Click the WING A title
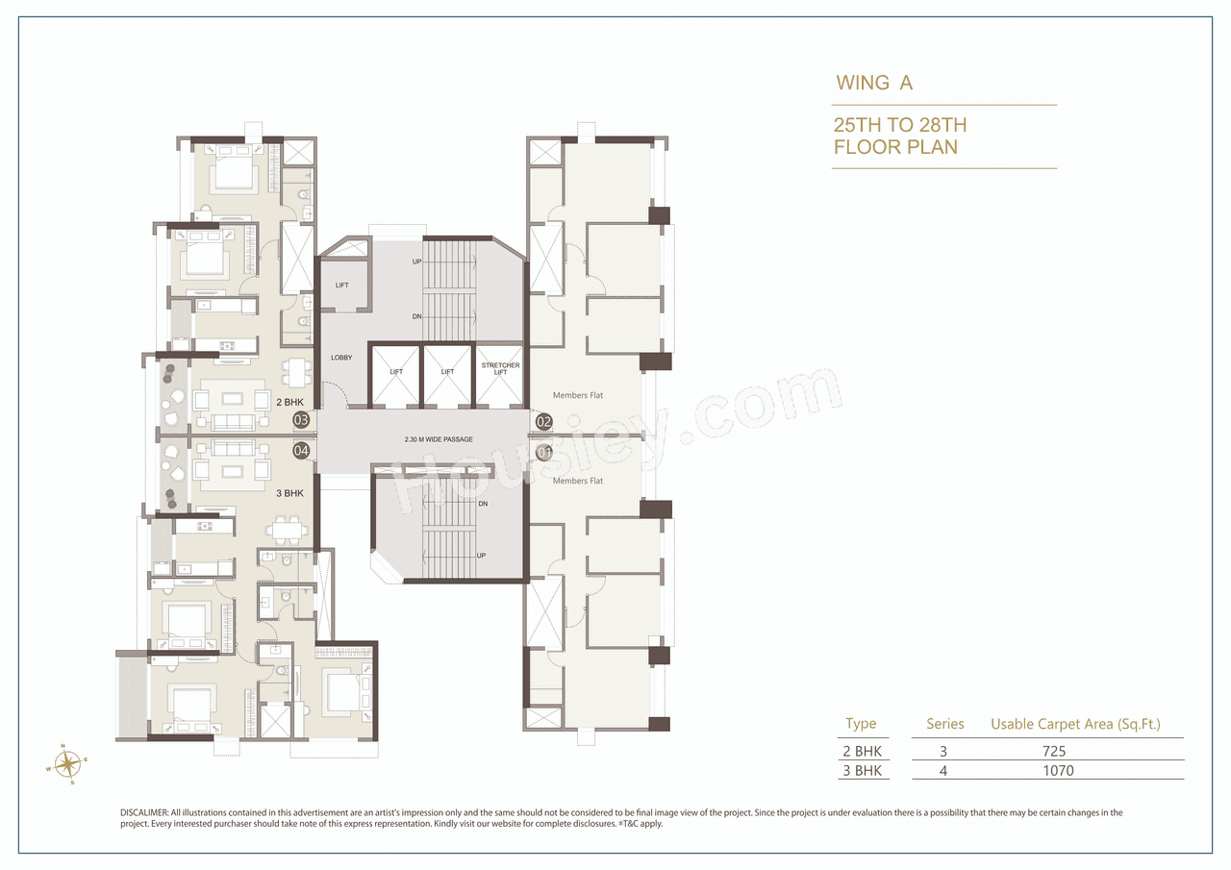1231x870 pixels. point(873,83)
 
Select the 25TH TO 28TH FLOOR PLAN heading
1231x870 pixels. point(899,136)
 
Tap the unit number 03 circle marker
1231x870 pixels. point(301,419)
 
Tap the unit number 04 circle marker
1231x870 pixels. point(301,450)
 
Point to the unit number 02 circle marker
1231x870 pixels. point(544,421)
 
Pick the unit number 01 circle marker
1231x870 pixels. point(544,452)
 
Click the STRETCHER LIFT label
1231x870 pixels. point(500,369)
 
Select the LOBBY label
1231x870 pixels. point(340,358)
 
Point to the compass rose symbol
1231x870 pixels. point(67,764)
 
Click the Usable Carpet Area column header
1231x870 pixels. point(1075,724)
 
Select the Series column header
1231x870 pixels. point(944,724)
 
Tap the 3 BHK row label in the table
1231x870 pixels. point(863,770)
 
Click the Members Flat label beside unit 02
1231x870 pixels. point(578,395)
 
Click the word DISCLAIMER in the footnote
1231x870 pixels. point(144,812)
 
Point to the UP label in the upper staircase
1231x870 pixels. point(416,261)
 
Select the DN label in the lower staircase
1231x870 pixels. point(484,504)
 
